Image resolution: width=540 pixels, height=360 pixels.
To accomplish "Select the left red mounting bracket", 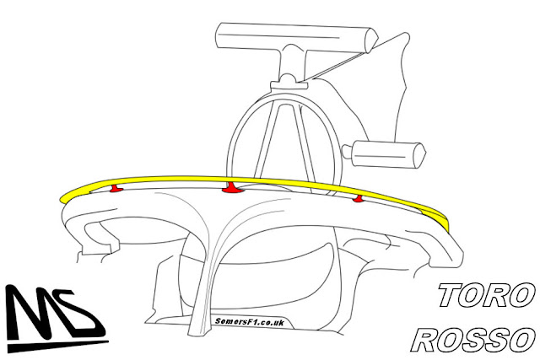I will (116, 187).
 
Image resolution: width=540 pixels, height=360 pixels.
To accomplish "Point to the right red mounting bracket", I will (359, 199).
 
